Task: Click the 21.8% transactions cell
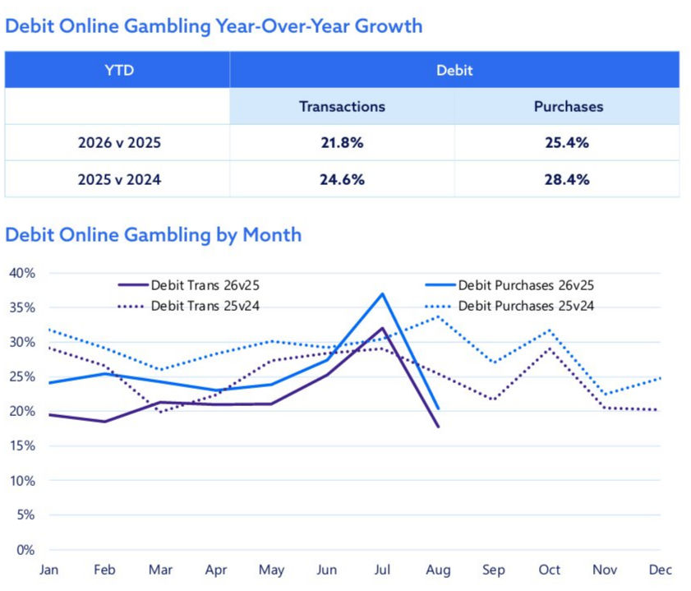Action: (x=342, y=143)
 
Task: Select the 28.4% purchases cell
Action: (x=567, y=180)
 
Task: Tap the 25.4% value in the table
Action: (x=567, y=143)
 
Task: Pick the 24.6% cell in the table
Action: (x=342, y=180)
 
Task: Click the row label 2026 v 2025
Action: (x=119, y=143)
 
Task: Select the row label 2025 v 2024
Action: (x=119, y=180)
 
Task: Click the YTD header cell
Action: (x=119, y=70)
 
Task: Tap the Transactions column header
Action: (x=342, y=107)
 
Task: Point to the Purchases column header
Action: (x=569, y=107)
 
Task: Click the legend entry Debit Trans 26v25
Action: (x=189, y=285)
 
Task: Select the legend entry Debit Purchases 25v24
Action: (x=509, y=306)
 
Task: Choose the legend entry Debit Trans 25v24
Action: (x=189, y=306)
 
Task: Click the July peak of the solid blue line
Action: (x=383, y=294)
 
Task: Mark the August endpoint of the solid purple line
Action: (x=439, y=427)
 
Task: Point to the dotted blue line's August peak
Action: (x=439, y=316)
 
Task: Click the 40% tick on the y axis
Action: (x=22, y=273)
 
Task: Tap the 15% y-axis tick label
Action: (x=22, y=446)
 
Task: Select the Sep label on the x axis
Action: (x=494, y=570)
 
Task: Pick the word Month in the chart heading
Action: (x=272, y=235)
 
